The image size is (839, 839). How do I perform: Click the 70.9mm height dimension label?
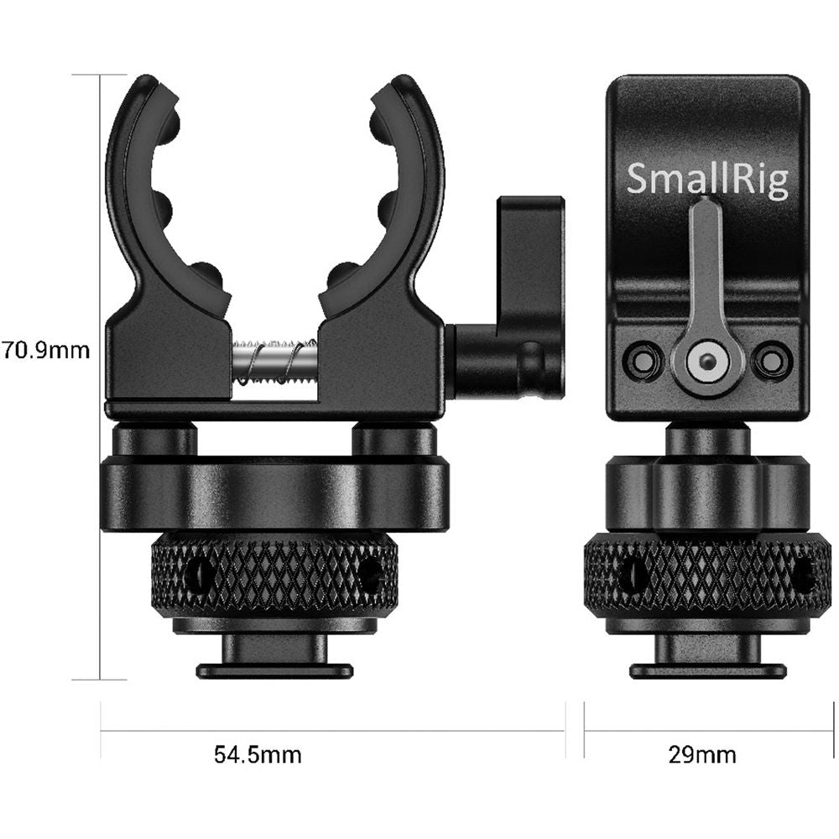click(x=46, y=351)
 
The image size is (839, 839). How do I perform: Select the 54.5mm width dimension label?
click(x=258, y=755)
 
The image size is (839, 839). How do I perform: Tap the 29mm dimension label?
click(x=702, y=755)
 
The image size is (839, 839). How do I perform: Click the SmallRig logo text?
click(x=707, y=180)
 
